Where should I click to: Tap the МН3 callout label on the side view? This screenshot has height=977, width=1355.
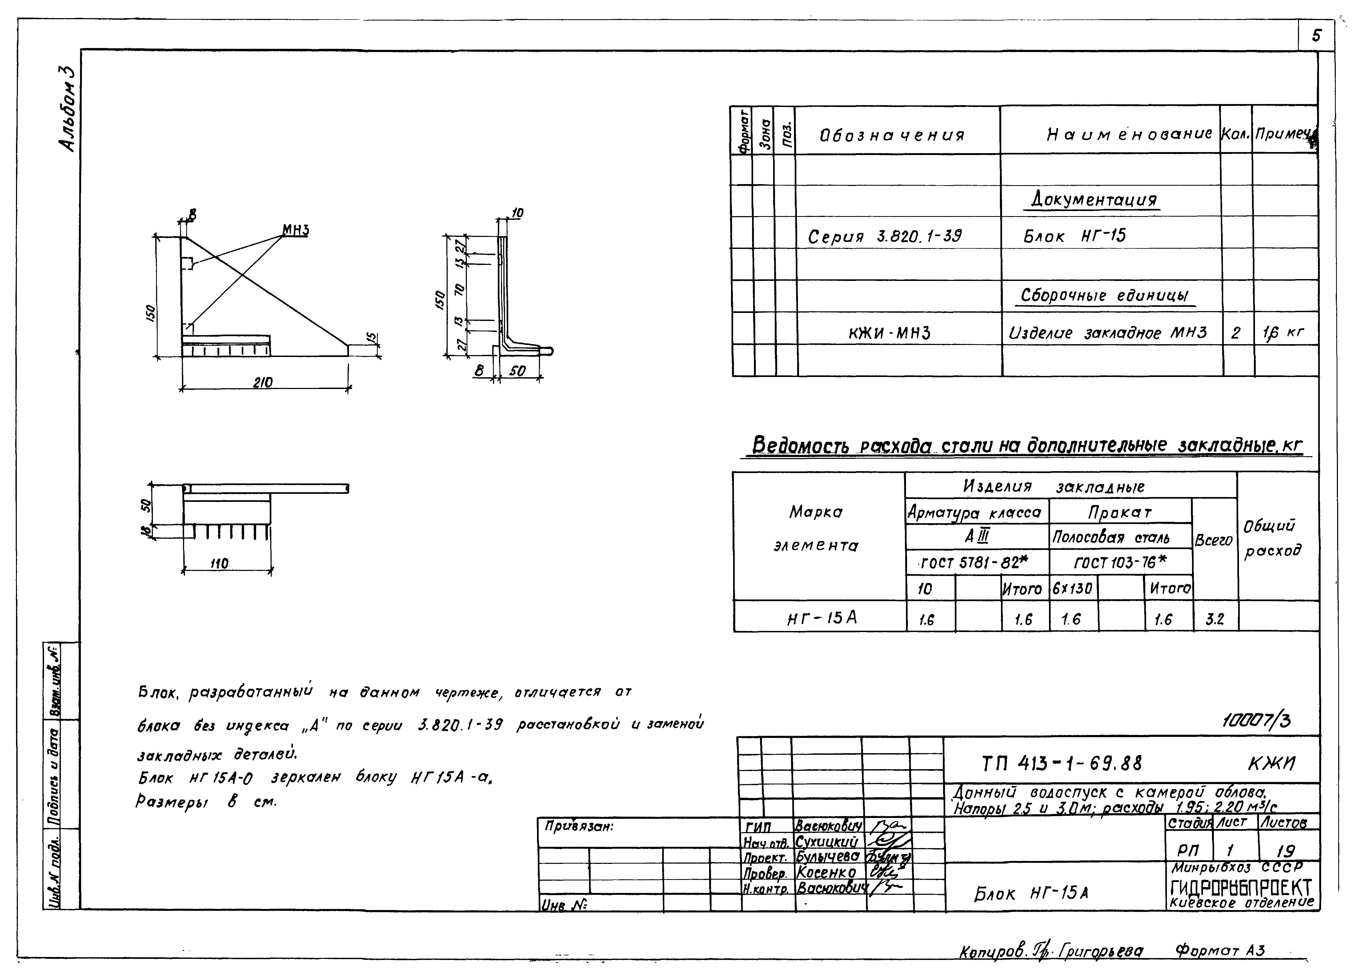click(296, 230)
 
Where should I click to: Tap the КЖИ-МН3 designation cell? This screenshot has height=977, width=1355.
click(889, 333)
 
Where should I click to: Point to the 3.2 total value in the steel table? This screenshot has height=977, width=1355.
click(1215, 619)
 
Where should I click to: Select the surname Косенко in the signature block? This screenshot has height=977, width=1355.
click(826, 873)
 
